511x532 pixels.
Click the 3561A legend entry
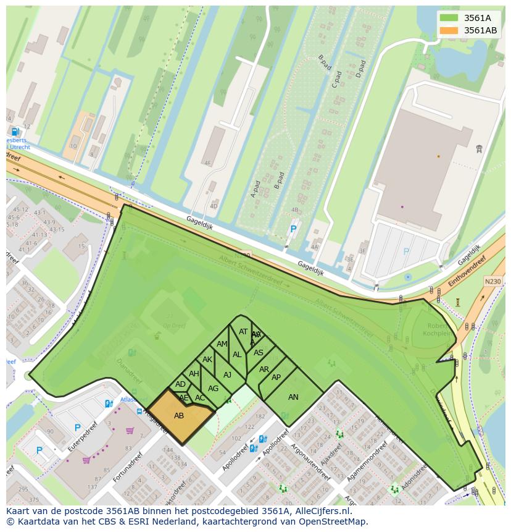pos(476,17)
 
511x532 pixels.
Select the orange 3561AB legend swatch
pos(449,30)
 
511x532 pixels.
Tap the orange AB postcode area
pos(179,416)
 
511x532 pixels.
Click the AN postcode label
pos(293,397)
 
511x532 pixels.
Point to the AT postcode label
pos(243,332)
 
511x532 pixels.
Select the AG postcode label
pos(213,389)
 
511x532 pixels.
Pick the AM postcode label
pos(222,344)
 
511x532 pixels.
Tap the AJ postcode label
pos(227,374)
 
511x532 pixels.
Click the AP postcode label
pos(276,378)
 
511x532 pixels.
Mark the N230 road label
pos(492,282)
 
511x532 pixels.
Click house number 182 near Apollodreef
pos(260,417)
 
